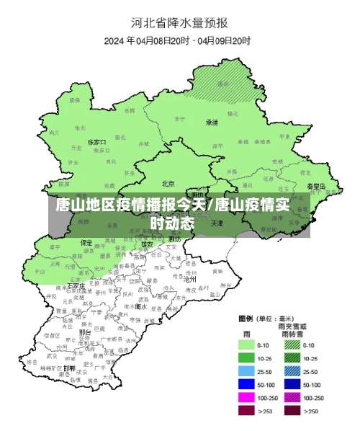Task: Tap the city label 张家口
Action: (x=96, y=143)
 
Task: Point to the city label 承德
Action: (x=212, y=122)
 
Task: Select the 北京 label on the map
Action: (x=168, y=183)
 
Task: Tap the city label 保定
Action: (x=86, y=242)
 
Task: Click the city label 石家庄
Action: (x=76, y=285)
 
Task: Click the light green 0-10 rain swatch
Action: (x=248, y=345)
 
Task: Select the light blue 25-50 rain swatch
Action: (x=248, y=371)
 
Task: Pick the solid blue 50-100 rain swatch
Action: (x=248, y=384)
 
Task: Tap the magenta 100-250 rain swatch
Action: (x=248, y=397)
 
